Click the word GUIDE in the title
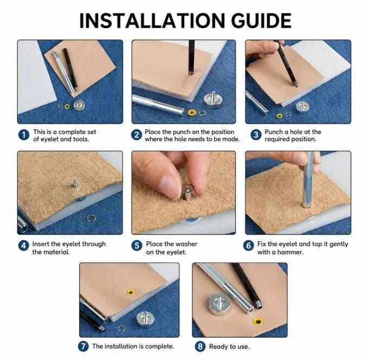261,21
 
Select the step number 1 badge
24,135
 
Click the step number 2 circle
137,135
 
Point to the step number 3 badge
256,135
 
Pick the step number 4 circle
24,246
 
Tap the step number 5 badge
137,246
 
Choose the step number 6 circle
249,246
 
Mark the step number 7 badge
83,346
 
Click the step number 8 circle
200,346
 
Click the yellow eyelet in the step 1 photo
67,107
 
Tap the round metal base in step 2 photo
213,99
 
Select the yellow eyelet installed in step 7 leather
131,292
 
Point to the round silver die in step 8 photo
219,304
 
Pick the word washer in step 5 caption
188,244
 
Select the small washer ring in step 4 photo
91,218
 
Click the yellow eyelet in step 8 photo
258,322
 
